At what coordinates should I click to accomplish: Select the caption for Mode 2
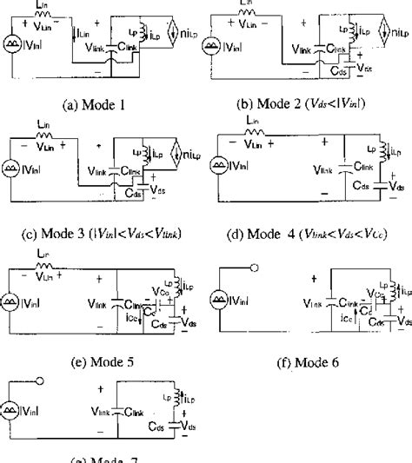(310, 105)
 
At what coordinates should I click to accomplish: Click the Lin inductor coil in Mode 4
(256, 135)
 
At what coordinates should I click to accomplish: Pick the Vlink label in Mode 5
(99, 304)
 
